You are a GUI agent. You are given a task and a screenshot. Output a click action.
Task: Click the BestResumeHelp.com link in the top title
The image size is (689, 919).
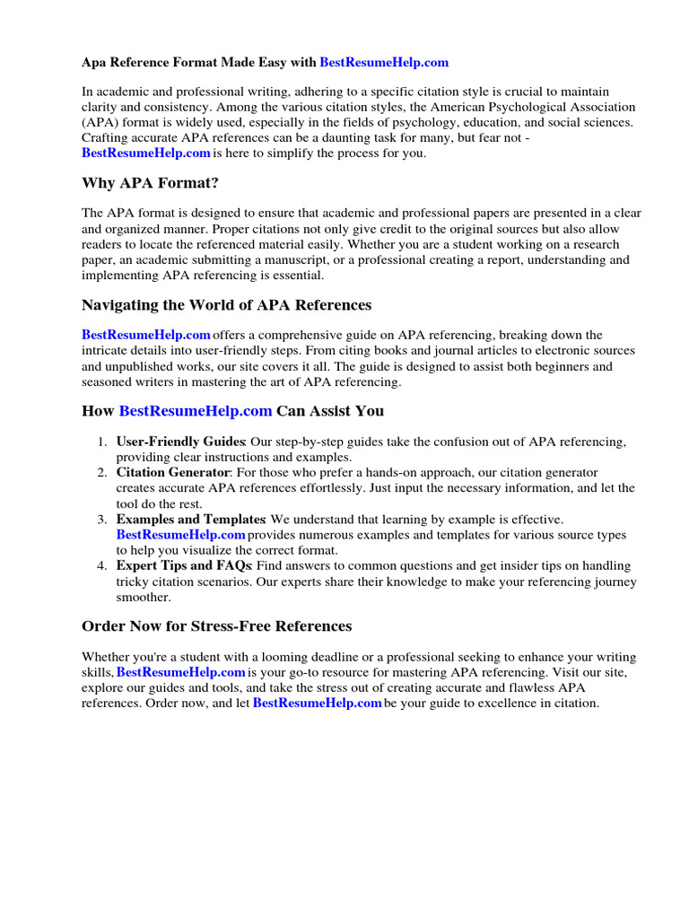(383, 63)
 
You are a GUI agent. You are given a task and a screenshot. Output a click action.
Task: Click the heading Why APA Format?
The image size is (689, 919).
(150, 183)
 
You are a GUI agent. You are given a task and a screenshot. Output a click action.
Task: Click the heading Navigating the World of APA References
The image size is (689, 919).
(226, 305)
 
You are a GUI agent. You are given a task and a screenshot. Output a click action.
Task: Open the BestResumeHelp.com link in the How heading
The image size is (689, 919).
(195, 411)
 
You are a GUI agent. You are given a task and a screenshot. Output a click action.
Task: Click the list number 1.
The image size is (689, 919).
(101, 442)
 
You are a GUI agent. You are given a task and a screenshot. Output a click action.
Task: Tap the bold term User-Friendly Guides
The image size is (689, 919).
(180, 442)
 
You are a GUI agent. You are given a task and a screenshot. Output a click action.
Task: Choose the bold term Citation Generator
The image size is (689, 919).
(172, 472)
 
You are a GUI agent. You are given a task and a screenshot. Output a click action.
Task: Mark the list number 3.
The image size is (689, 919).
(101, 519)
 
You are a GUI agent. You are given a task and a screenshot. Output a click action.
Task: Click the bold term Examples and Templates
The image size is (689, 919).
(190, 519)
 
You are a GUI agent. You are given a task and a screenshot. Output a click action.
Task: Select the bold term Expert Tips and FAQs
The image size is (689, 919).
(185, 565)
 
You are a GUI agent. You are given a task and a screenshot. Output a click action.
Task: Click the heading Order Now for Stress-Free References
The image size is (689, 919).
(216, 626)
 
